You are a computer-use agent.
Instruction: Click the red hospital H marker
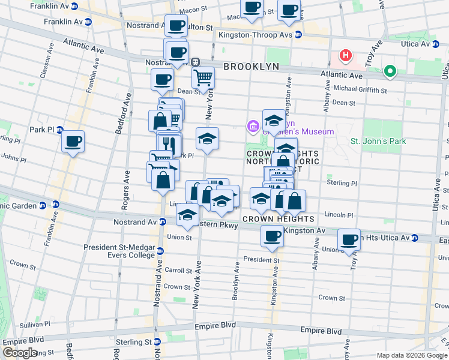[345, 56]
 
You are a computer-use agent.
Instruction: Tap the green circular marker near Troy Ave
[390, 72]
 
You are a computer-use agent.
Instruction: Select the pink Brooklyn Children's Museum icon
[252, 127]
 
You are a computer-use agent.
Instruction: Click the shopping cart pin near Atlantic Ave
[203, 77]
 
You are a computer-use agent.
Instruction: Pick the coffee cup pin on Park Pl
[73, 142]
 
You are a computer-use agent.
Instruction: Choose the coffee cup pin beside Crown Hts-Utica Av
[348, 239]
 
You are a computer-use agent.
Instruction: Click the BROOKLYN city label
[252, 67]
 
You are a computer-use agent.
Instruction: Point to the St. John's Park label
[378, 142]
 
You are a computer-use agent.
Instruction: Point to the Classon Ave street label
[44, 67]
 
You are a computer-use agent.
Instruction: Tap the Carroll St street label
[178, 271]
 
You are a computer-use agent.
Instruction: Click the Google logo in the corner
[20, 353]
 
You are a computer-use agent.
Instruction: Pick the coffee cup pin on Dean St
[161, 79]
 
